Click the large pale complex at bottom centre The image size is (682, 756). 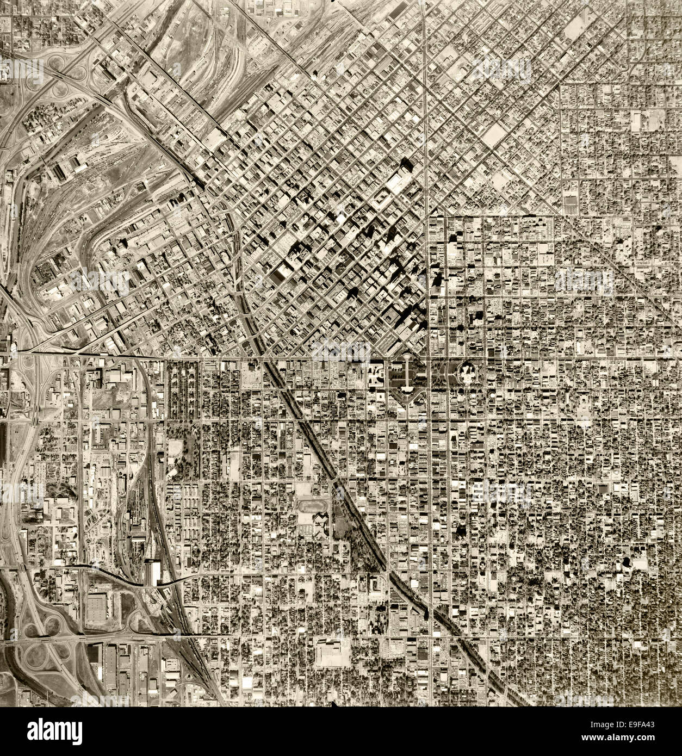coord(332,653)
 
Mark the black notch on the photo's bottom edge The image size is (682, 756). coord(332,704)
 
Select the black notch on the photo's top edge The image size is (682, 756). coord(332,2)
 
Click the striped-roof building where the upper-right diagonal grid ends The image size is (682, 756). coord(571,205)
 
